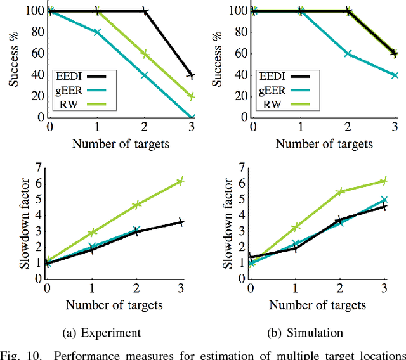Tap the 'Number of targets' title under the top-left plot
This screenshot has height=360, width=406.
click(121, 143)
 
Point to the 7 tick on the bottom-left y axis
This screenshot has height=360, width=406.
click(38, 168)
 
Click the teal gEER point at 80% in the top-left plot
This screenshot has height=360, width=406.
click(97, 32)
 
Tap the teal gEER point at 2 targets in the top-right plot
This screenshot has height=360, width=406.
click(348, 54)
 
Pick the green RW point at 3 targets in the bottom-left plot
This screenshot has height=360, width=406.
click(181, 181)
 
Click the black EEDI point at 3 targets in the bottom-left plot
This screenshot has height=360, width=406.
click(181, 222)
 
